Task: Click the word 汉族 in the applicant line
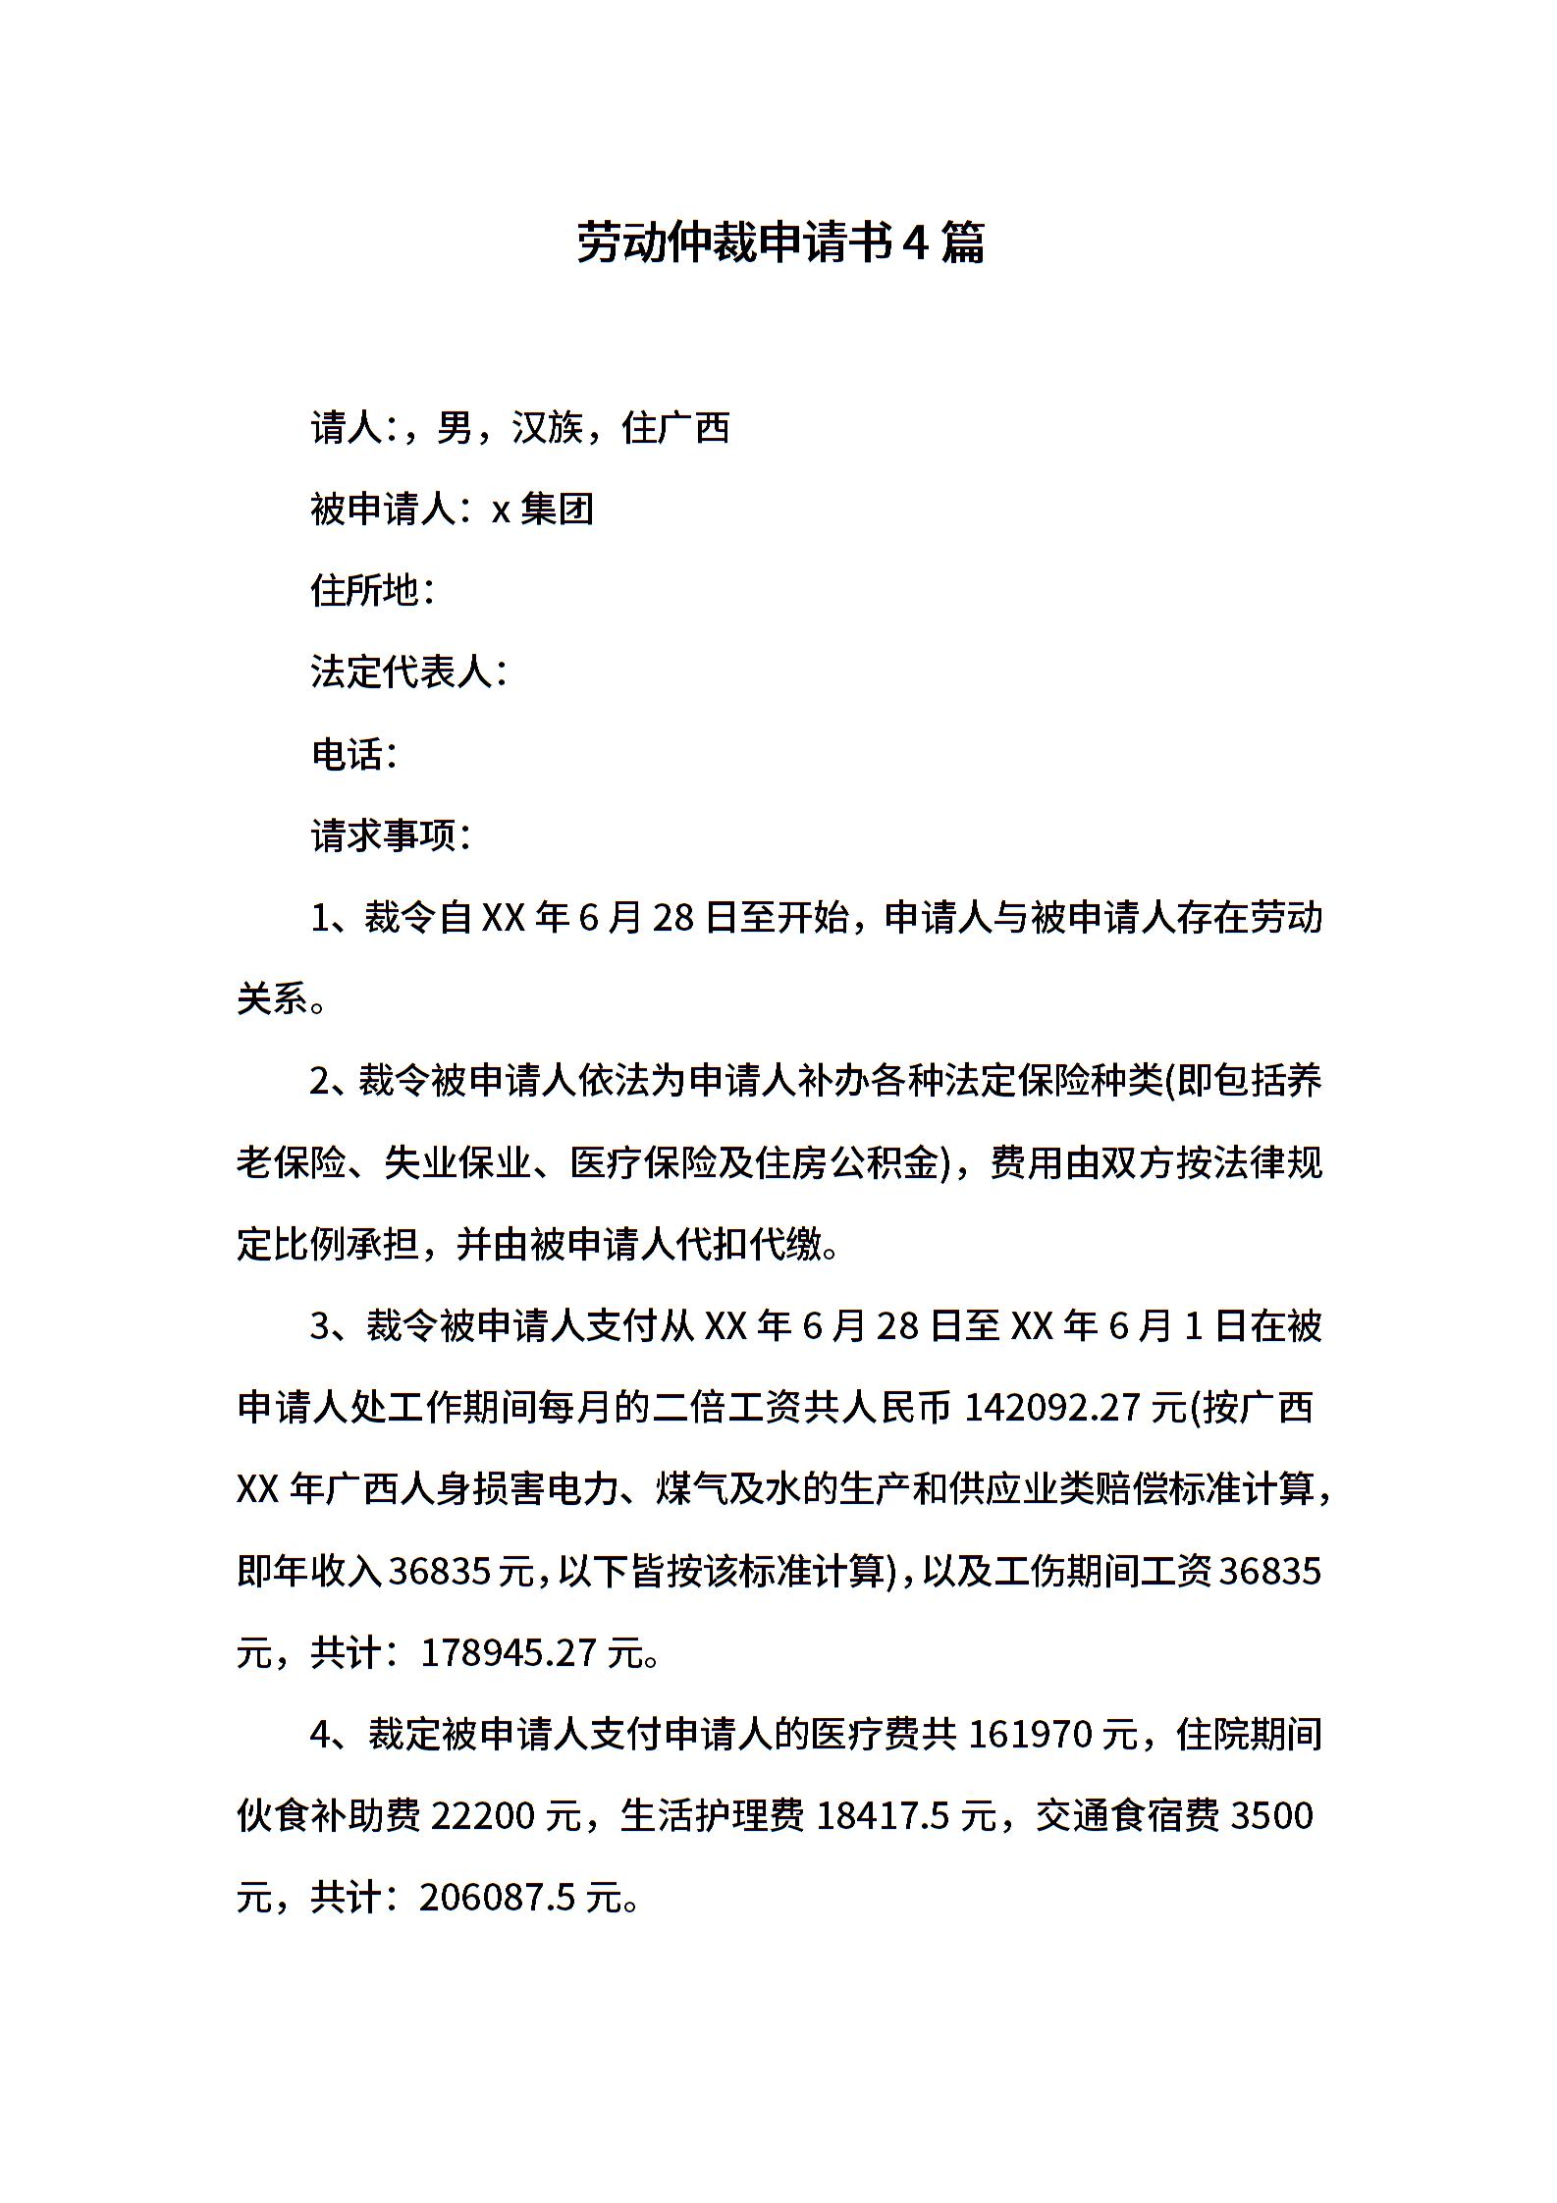pos(547,428)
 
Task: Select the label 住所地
pos(365,591)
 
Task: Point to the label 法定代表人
pos(401,672)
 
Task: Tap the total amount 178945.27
pos(509,1653)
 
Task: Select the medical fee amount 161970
pos(1030,1735)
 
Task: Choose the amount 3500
pos(1270,1816)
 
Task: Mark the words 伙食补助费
pos(329,1816)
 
